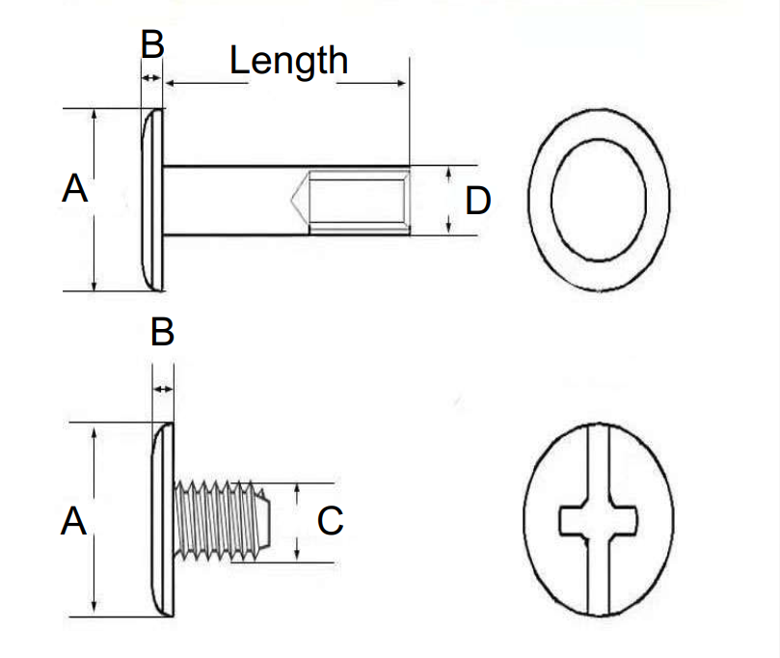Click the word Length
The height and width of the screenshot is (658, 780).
288,61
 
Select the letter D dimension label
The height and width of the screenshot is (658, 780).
478,201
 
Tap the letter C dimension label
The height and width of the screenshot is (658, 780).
331,522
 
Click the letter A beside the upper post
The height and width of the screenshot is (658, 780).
74,189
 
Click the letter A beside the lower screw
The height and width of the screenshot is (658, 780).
73,523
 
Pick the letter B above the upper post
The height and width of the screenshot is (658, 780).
153,45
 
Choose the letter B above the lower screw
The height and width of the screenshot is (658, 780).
163,333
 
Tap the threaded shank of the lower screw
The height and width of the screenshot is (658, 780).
217,522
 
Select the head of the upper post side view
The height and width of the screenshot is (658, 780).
152,199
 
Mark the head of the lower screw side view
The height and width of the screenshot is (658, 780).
164,521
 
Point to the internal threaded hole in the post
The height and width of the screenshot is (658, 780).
357,202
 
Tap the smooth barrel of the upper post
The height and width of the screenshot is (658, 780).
231,200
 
